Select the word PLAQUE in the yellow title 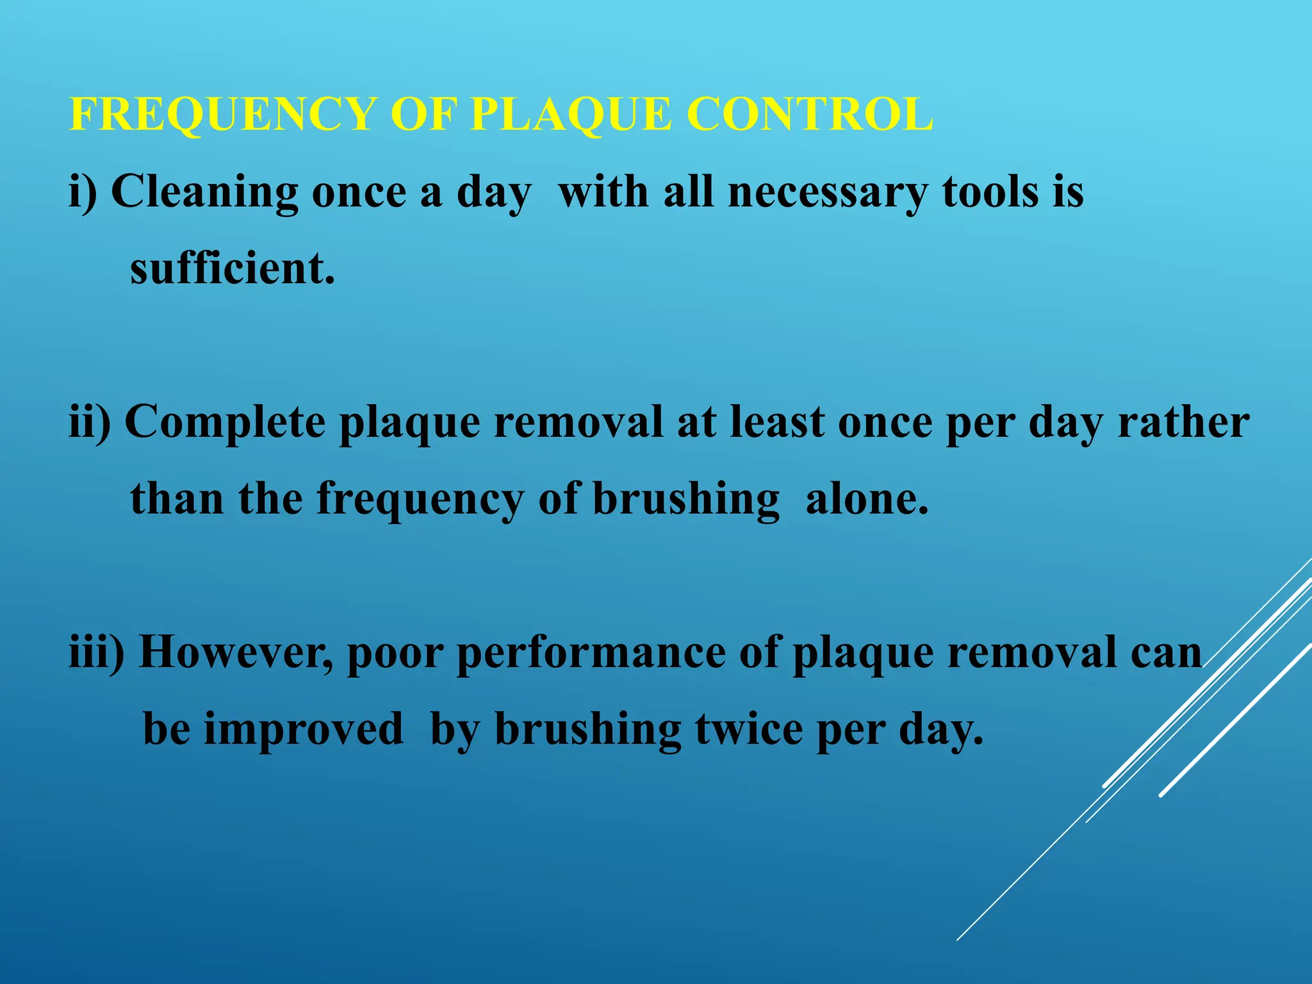click(571, 115)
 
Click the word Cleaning click(204, 193)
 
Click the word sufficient click(232, 268)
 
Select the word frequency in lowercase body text click(420, 500)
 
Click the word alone click(866, 499)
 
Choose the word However click(235, 653)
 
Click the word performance click(591, 654)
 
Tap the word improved click(304, 730)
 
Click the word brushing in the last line click(588, 730)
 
